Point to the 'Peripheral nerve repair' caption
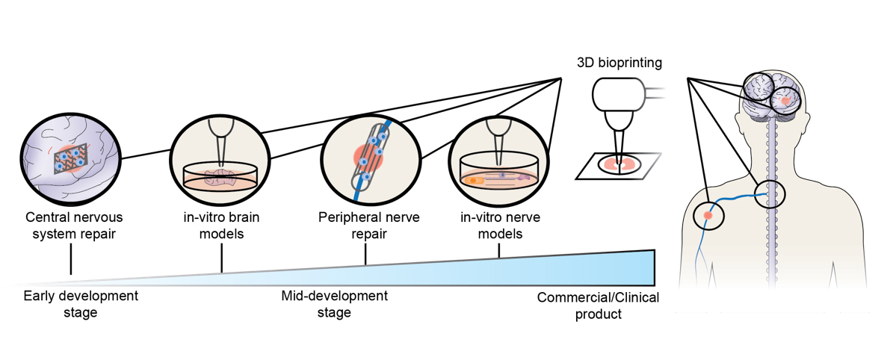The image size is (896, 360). (x=369, y=226)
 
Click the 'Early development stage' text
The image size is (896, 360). (x=81, y=304)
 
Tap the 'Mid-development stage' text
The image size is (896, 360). (x=334, y=304)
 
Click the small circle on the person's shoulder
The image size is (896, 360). (x=708, y=216)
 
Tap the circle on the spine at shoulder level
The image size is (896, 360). (x=770, y=194)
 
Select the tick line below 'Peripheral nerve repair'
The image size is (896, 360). (x=365, y=255)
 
